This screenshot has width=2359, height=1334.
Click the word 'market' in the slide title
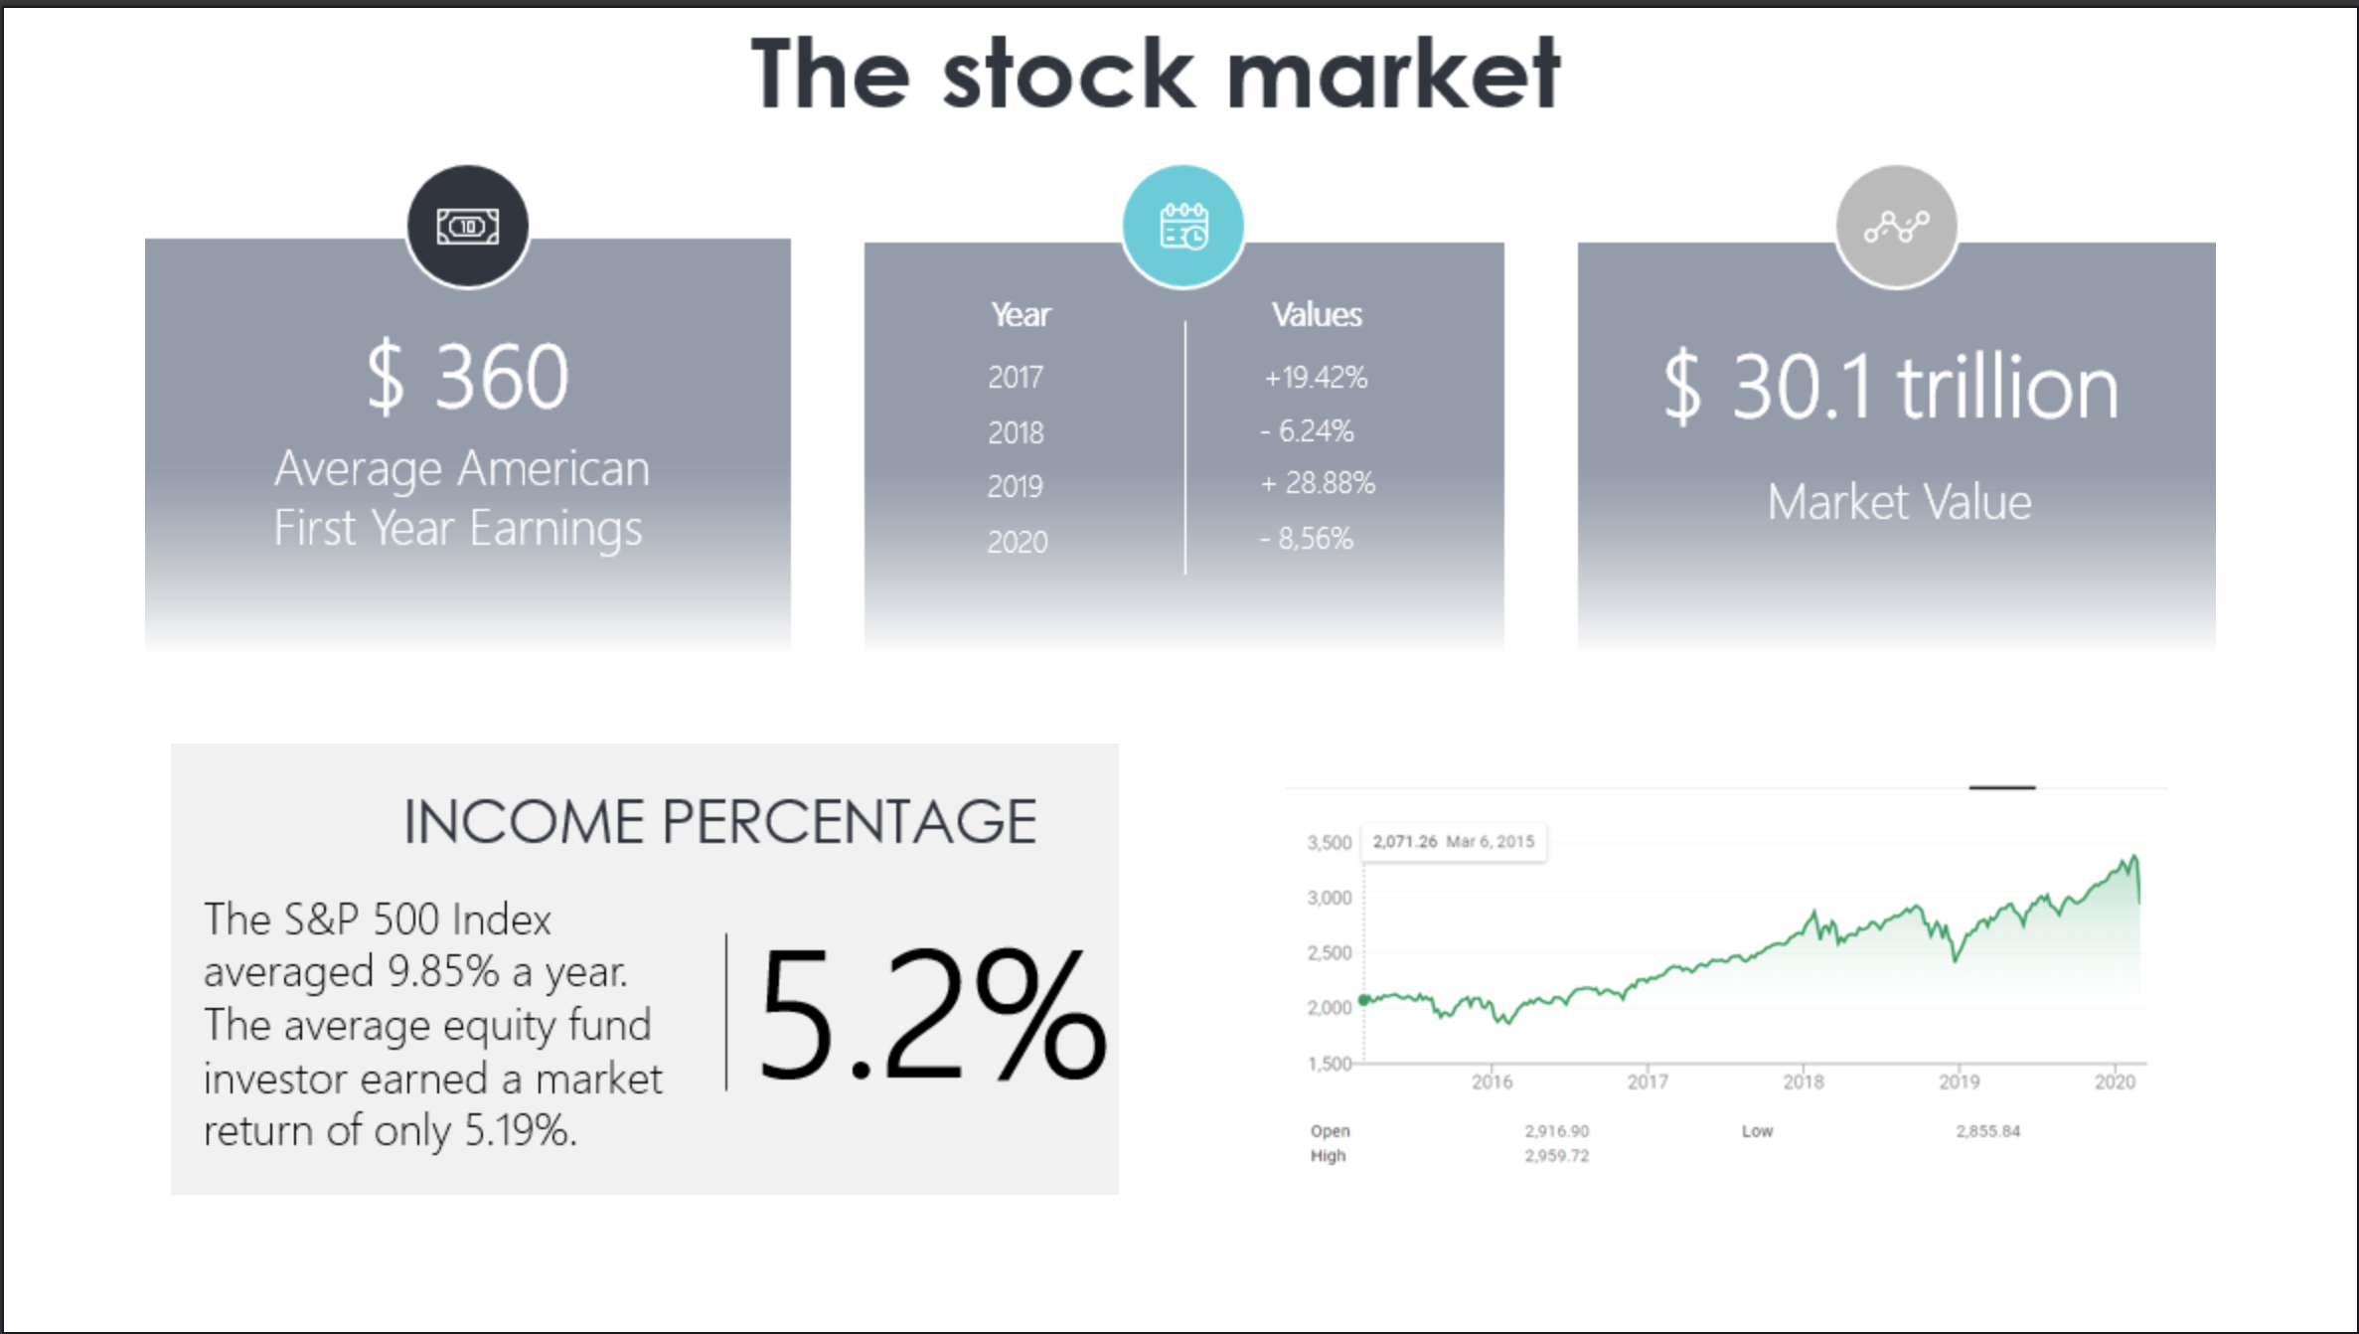(1393, 74)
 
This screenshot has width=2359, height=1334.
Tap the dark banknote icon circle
(467, 227)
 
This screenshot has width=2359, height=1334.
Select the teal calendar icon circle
(1182, 227)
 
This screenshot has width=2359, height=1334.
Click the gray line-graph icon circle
(1896, 227)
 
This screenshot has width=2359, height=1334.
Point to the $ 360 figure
(467, 377)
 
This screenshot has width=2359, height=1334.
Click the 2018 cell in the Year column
(1016, 432)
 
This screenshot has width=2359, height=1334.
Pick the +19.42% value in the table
(1316, 378)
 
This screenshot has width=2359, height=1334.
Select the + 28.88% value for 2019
(1318, 483)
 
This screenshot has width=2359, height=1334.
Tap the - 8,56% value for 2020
(1307, 539)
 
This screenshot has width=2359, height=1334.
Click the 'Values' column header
(1317, 314)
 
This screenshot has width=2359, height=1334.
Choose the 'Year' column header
(1021, 314)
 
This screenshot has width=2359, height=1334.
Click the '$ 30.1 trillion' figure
(1892, 387)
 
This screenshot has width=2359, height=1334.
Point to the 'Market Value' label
(1899, 501)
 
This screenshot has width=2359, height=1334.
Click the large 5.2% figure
(932, 1013)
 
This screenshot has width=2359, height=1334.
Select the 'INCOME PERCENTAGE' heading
(719, 822)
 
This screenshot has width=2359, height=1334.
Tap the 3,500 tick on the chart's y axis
(1330, 843)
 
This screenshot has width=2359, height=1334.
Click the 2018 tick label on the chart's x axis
(1804, 1082)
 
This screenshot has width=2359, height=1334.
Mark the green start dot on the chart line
(1364, 1000)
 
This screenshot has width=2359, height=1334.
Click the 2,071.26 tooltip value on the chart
(1405, 842)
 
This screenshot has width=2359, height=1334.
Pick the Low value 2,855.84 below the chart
(1988, 1131)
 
